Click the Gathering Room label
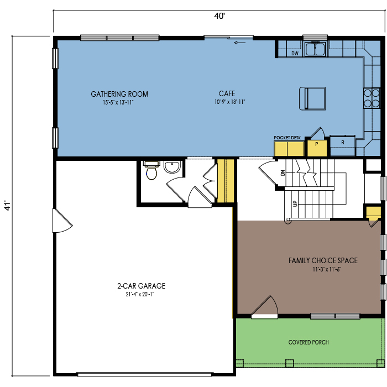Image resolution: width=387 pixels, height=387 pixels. pos(119,94)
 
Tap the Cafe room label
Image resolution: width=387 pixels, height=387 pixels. pos(227,93)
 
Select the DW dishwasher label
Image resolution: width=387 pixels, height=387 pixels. pos(295,53)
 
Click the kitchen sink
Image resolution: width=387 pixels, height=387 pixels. pos(316,49)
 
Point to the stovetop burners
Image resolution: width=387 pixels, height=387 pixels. pos(372,98)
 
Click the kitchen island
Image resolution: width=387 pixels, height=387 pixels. pos(312,98)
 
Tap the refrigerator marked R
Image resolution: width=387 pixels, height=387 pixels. pos(343,145)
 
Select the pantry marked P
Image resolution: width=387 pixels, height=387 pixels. pos(317,148)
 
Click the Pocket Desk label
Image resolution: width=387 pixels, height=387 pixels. pos(287,138)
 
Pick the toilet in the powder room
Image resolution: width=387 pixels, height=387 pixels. pos(151,170)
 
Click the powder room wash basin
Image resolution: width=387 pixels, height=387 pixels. pos(172,167)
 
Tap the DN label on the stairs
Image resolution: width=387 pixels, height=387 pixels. pos(283,173)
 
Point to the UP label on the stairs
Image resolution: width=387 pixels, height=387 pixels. pos(295,203)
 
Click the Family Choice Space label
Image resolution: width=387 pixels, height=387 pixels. pos(323,260)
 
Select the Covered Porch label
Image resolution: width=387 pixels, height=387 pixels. pos(308,342)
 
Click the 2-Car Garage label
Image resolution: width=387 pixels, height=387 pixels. pos(141,286)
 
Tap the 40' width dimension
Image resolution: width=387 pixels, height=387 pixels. pos(219,16)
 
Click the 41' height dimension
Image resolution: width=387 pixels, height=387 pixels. pos(7,206)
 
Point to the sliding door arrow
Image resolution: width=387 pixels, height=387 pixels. pos(239,43)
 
